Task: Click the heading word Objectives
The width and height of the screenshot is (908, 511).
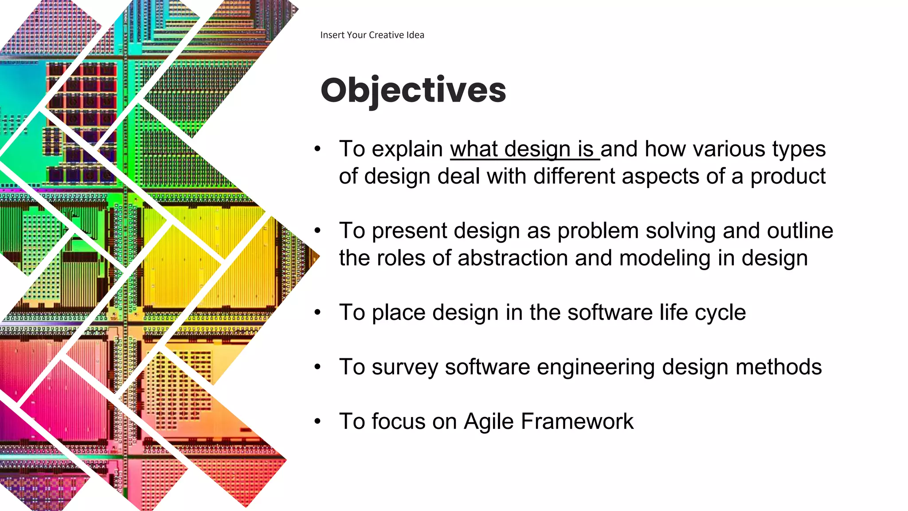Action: click(x=413, y=90)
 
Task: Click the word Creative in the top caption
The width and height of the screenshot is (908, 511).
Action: click(x=387, y=35)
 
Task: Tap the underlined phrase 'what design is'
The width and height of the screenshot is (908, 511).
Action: click(x=524, y=149)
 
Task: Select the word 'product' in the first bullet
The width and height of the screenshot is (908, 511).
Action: click(x=787, y=177)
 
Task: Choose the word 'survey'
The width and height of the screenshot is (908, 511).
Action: click(x=405, y=368)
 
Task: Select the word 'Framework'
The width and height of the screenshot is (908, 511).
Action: click(x=577, y=421)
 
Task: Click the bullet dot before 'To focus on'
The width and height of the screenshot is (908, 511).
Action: click(x=317, y=421)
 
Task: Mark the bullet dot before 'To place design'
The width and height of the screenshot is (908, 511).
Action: click(x=317, y=312)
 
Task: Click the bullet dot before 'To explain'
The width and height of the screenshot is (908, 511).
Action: click(x=317, y=149)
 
